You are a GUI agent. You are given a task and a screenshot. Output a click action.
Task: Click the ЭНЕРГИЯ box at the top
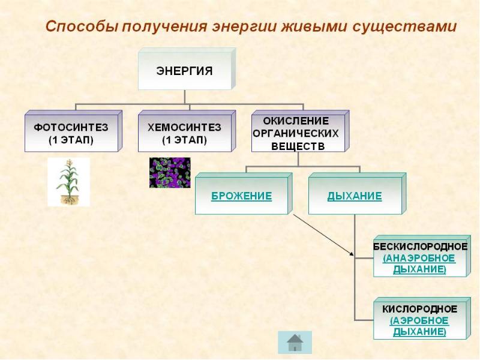click(x=184, y=71)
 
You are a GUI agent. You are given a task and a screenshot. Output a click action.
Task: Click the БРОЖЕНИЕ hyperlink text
click(x=241, y=196)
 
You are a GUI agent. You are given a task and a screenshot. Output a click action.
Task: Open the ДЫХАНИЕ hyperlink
click(x=355, y=196)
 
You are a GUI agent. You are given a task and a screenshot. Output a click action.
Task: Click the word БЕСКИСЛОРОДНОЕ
click(x=420, y=247)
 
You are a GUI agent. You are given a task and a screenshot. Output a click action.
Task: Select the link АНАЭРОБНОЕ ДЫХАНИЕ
click(x=419, y=264)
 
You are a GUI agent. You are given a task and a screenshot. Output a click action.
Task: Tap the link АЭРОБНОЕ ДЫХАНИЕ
click(x=419, y=326)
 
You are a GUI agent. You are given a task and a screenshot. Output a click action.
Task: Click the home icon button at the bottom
click(x=295, y=342)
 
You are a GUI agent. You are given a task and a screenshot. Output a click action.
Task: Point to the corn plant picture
click(x=68, y=181)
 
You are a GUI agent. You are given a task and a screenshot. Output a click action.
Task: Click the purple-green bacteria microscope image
click(x=170, y=172)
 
